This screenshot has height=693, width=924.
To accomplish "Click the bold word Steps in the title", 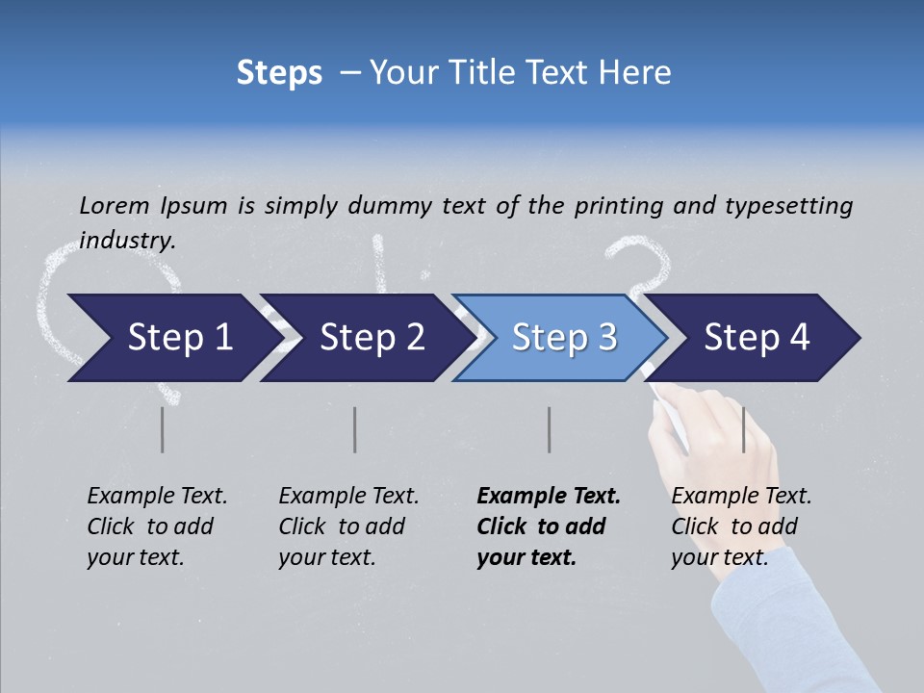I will point(279,73).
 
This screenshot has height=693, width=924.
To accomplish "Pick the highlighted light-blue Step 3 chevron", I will point(564,338).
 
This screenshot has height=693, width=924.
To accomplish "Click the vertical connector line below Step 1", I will point(163,429).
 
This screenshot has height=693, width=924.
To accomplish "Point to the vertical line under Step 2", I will point(355,429).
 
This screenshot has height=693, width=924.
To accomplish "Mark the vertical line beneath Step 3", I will point(549,429).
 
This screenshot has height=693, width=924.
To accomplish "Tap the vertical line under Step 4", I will point(743,429).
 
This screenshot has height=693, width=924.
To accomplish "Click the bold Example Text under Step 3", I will point(549,497).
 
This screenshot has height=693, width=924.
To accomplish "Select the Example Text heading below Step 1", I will point(157,497).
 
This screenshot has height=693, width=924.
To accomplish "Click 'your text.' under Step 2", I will point(326,557).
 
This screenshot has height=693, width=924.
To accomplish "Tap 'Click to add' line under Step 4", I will point(734,527).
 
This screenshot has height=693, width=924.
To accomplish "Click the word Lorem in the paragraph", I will point(115,205).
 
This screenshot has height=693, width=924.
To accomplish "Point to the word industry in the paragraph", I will point(127,241).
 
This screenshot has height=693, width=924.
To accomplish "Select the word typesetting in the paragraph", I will point(788,205).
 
